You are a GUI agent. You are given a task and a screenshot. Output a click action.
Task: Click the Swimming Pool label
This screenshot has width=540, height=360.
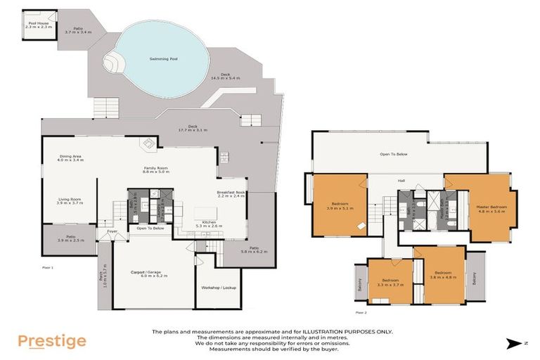[x=163, y=59]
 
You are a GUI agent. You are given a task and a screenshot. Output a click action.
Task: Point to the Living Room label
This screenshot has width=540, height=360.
[x=70, y=200]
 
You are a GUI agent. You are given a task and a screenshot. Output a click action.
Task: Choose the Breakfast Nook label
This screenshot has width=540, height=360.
[x=231, y=193]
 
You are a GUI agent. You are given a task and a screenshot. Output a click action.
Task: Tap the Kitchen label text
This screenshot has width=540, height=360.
[x=209, y=222]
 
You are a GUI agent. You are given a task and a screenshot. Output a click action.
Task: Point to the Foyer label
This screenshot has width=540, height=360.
[x=112, y=231]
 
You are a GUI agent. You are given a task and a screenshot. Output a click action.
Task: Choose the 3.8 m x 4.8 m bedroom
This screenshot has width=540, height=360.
[x=444, y=274]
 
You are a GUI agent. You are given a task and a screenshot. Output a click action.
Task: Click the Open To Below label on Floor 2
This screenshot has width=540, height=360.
[x=394, y=154]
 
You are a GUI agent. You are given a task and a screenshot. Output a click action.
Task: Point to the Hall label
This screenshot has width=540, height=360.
[x=401, y=181]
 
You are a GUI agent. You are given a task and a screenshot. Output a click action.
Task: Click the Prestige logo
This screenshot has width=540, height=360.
[x=51, y=342]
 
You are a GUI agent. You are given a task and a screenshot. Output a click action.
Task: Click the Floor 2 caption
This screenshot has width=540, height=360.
[x=361, y=312]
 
